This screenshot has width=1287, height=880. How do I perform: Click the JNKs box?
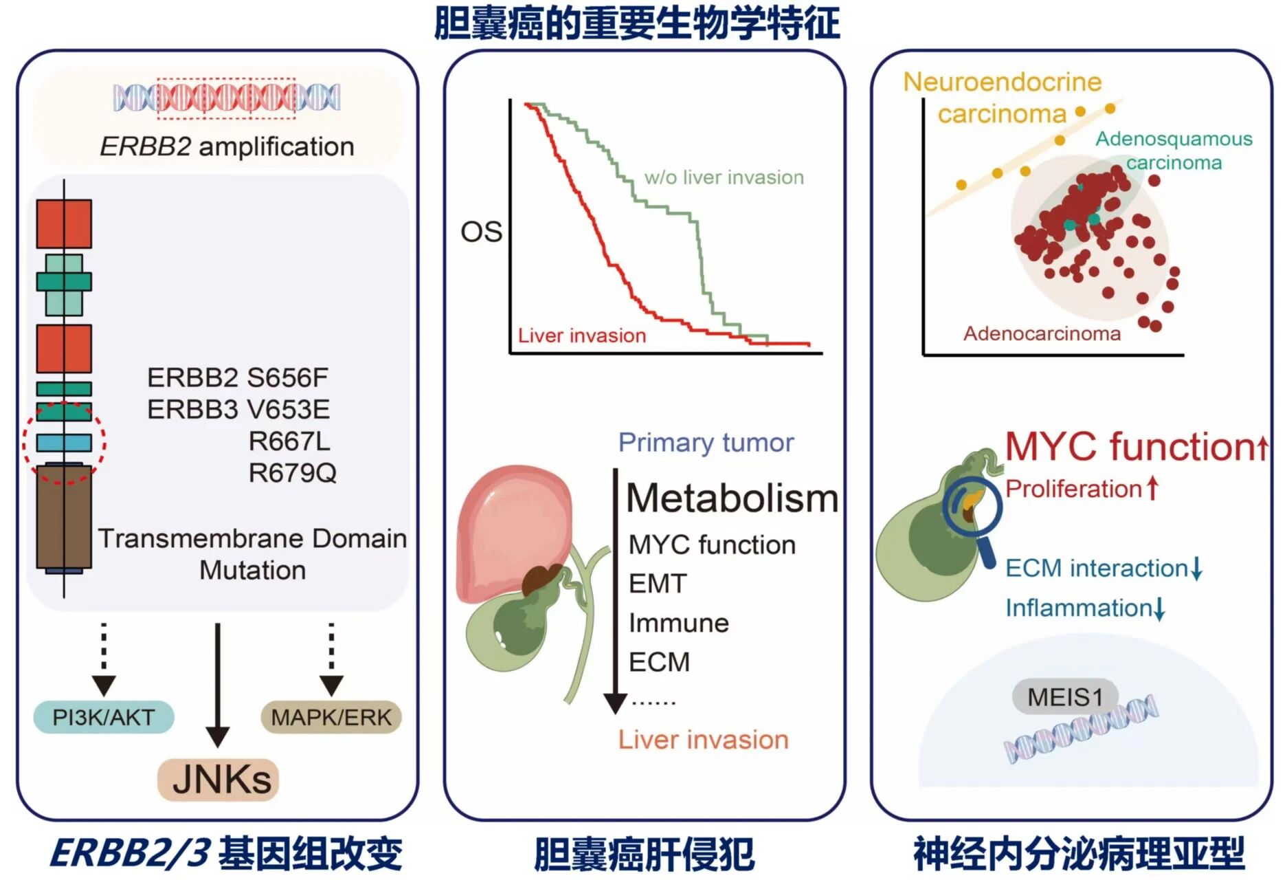point(219,780)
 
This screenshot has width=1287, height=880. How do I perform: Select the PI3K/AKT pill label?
point(104,718)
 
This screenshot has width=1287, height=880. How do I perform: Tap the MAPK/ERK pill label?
point(331,718)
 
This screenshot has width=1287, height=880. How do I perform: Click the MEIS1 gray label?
point(1064,697)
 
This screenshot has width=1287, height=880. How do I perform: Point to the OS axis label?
point(481,232)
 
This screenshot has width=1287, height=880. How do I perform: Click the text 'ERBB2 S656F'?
point(238,377)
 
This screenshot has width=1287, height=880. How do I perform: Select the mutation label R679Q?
point(292,473)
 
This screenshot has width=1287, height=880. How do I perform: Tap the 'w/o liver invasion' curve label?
point(724,177)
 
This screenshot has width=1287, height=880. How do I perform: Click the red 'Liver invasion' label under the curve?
point(581,335)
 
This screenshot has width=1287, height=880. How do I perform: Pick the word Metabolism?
point(732,498)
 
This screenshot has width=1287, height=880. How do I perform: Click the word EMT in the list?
point(658,584)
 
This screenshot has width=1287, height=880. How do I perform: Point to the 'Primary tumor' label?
point(706,443)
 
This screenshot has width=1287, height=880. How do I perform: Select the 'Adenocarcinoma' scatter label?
point(1042,333)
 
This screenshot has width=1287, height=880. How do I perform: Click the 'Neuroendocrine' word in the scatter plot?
point(1002,82)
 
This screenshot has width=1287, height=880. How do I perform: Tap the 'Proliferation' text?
point(1073,489)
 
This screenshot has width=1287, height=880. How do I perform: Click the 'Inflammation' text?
point(1078,608)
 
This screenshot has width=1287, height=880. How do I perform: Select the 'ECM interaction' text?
point(1097,569)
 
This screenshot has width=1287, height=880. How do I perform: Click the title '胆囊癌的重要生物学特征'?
point(636,23)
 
